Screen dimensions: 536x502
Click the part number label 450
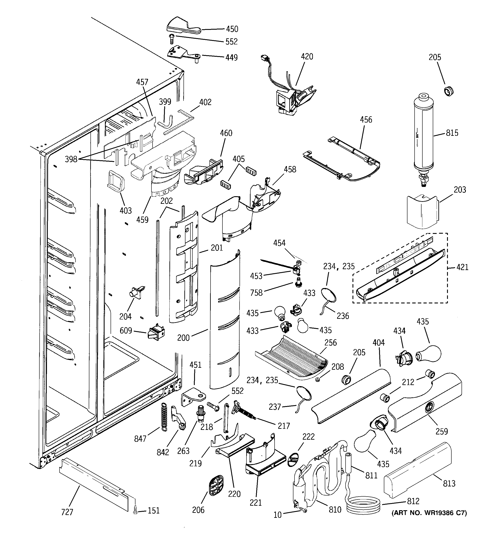coord(232,29)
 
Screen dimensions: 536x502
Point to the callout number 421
coord(462,267)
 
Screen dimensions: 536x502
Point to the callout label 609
coord(125,330)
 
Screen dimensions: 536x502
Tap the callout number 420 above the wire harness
coord(307,57)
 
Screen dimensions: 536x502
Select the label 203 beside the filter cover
coord(460,190)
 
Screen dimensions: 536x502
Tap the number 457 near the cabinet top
coord(142,82)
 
